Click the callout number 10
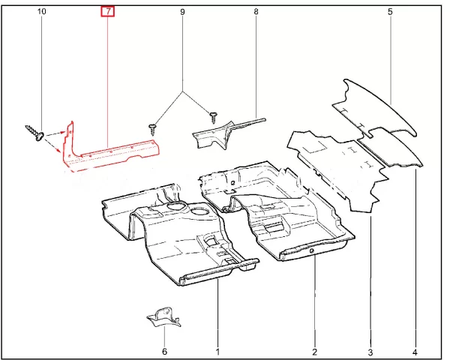point(41,11)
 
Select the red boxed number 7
point(107,12)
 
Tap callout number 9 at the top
point(182,12)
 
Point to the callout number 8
point(256,11)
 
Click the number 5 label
point(390,12)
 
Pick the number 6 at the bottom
point(164,352)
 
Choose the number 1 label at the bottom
point(217,352)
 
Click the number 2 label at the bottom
point(314,352)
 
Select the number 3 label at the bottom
point(370,352)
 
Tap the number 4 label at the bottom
point(415,352)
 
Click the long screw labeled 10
point(34,132)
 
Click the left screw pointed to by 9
point(152,130)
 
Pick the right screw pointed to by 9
point(214,118)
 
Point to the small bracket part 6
point(164,317)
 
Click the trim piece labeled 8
point(221,133)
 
